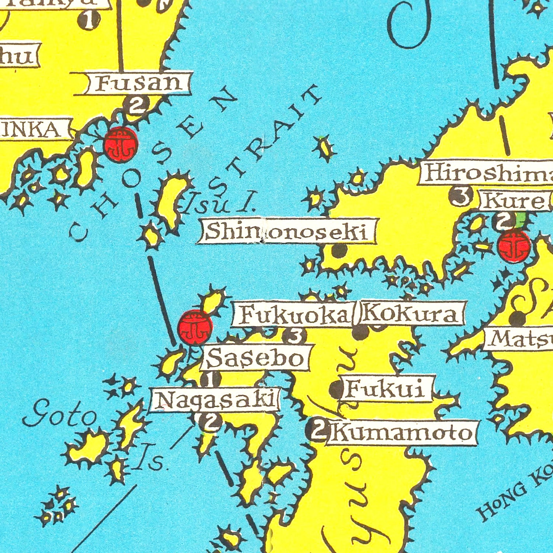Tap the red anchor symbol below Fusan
click(x=121, y=144)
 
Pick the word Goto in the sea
click(x=59, y=417)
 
